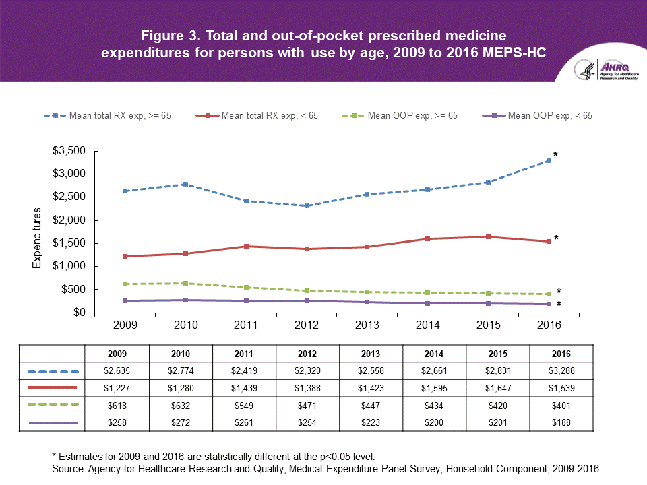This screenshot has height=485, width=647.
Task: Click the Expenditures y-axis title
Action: (38, 238)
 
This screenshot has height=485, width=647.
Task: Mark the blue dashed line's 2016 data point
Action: (549, 160)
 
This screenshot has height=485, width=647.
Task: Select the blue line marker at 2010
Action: (185, 184)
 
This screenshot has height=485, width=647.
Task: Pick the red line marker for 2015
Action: (488, 236)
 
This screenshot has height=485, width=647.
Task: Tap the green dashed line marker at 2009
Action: (125, 284)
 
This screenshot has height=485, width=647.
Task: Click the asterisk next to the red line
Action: (556, 238)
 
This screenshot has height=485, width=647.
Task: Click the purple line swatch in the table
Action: (53, 422)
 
